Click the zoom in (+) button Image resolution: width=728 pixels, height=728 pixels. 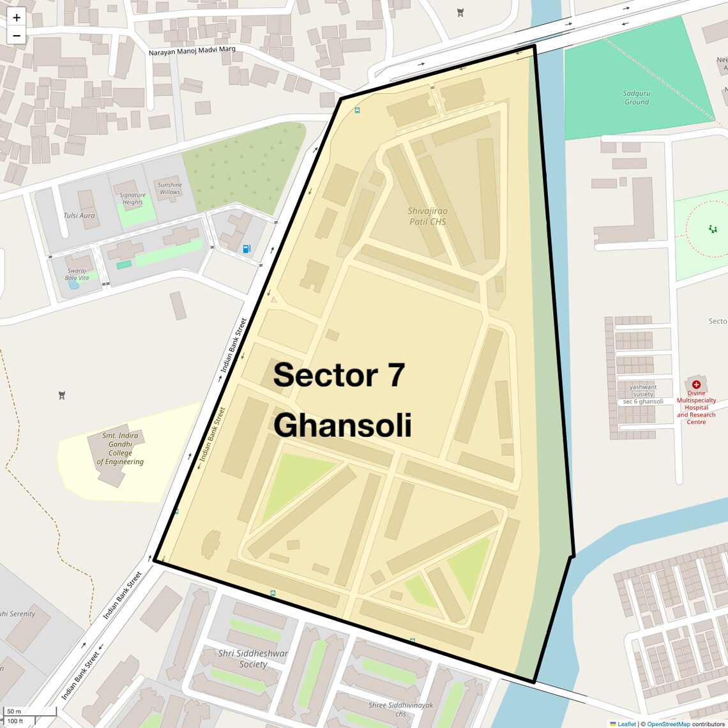coord(17,17)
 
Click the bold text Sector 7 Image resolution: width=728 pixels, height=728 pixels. coord(338,375)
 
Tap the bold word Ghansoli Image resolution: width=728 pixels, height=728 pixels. coord(342,425)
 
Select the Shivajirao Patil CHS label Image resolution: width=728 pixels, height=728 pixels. coord(428,216)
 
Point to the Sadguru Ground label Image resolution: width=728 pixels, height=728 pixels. coord(636,98)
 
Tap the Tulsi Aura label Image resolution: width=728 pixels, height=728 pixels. coord(79,216)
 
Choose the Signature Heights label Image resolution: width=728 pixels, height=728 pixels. coord(132,199)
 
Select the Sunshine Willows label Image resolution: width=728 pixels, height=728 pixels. coord(170,188)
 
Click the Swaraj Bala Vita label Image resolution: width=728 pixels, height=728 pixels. coord(77,274)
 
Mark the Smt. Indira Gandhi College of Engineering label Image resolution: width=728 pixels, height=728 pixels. coord(120,449)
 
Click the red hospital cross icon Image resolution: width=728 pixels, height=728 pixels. coord(696,384)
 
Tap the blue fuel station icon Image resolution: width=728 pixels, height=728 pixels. coord(246,248)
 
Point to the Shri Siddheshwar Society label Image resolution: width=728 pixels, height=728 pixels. coord(253,658)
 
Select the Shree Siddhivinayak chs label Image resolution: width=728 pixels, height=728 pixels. coord(400,709)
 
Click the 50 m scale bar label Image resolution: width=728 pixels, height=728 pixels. coord(14,711)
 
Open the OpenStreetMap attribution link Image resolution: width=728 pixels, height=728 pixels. coord(668,724)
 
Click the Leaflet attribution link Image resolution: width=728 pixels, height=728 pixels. coord(626,724)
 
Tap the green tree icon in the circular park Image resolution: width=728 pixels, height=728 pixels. coord(713,229)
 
